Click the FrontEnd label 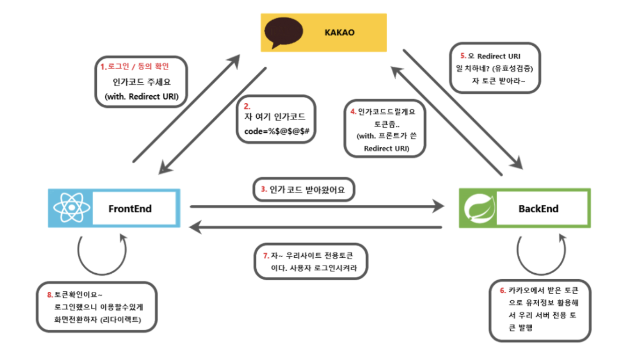[130, 208]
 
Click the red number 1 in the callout [104, 66]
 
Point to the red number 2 [246, 106]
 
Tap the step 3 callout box [303, 190]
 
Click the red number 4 [353, 111]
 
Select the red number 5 [463, 56]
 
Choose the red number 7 [266, 255]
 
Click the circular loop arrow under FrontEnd [102, 256]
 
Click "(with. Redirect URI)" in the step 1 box [141, 97]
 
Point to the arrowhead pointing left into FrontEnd [195, 228]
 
